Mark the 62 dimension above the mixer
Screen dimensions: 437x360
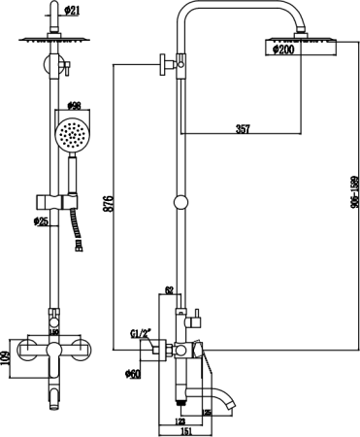pos(170,290)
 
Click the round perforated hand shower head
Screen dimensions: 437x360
pos(71,134)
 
